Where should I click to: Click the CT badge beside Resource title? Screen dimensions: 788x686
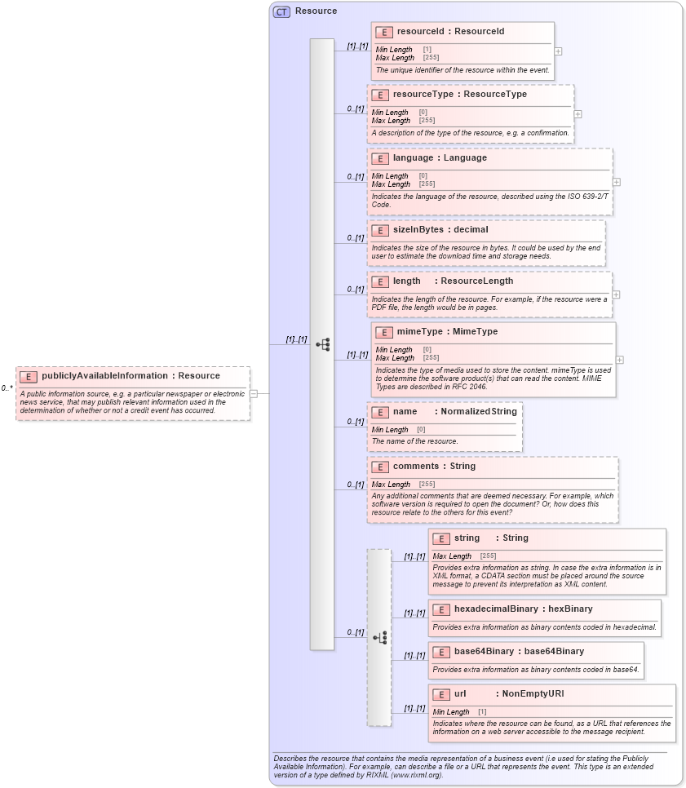[x=281, y=11]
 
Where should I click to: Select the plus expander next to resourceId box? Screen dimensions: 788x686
[x=558, y=51]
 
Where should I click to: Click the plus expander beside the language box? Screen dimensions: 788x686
[x=617, y=182]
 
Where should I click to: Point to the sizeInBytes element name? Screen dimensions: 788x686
[x=418, y=229]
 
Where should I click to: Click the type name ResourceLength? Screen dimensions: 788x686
[x=477, y=281]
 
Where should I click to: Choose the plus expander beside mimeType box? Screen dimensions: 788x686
[x=620, y=359]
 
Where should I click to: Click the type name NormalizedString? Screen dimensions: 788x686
[x=479, y=411]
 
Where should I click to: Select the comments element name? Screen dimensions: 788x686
[x=416, y=466]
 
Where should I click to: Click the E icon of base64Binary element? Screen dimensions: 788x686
[x=440, y=652]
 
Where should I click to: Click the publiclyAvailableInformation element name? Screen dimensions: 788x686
[x=106, y=375]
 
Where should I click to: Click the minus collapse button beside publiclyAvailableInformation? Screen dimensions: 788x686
[x=254, y=393]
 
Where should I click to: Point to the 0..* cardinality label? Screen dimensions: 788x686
[x=7, y=388]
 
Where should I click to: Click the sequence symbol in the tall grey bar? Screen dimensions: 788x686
[x=322, y=344]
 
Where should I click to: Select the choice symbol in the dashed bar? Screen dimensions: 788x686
[x=379, y=637]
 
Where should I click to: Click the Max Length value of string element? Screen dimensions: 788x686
[x=488, y=556]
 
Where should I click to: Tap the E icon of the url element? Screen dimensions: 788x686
[x=440, y=694]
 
